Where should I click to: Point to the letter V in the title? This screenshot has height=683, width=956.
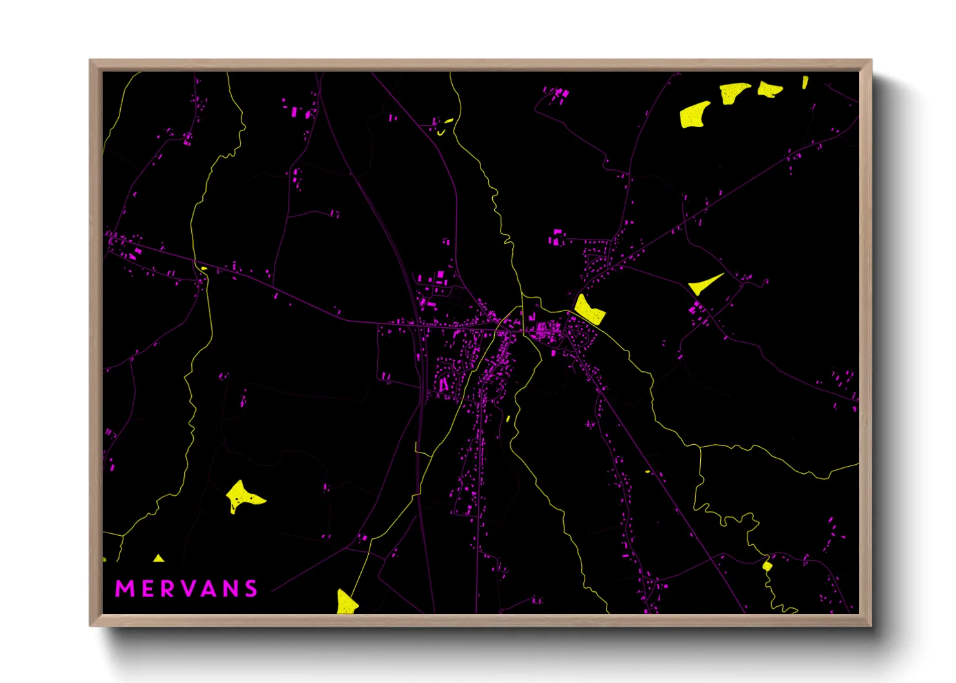[x=187, y=589]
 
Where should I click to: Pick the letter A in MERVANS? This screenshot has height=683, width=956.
[x=208, y=589]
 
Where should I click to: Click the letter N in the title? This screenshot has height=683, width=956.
[x=230, y=589]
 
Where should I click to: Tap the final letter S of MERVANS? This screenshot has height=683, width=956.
[x=251, y=589]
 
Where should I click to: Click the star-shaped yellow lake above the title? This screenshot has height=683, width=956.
[x=241, y=496]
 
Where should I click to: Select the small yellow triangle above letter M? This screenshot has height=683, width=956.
[x=158, y=558]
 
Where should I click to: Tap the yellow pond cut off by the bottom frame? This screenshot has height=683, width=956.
[x=346, y=602]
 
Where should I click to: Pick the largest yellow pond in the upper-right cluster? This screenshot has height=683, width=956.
[x=693, y=115]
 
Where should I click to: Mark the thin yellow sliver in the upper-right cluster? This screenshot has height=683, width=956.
[x=805, y=82]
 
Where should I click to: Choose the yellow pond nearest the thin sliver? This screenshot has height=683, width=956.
[x=769, y=89]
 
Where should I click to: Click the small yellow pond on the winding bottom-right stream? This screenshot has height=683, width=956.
[x=767, y=566]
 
